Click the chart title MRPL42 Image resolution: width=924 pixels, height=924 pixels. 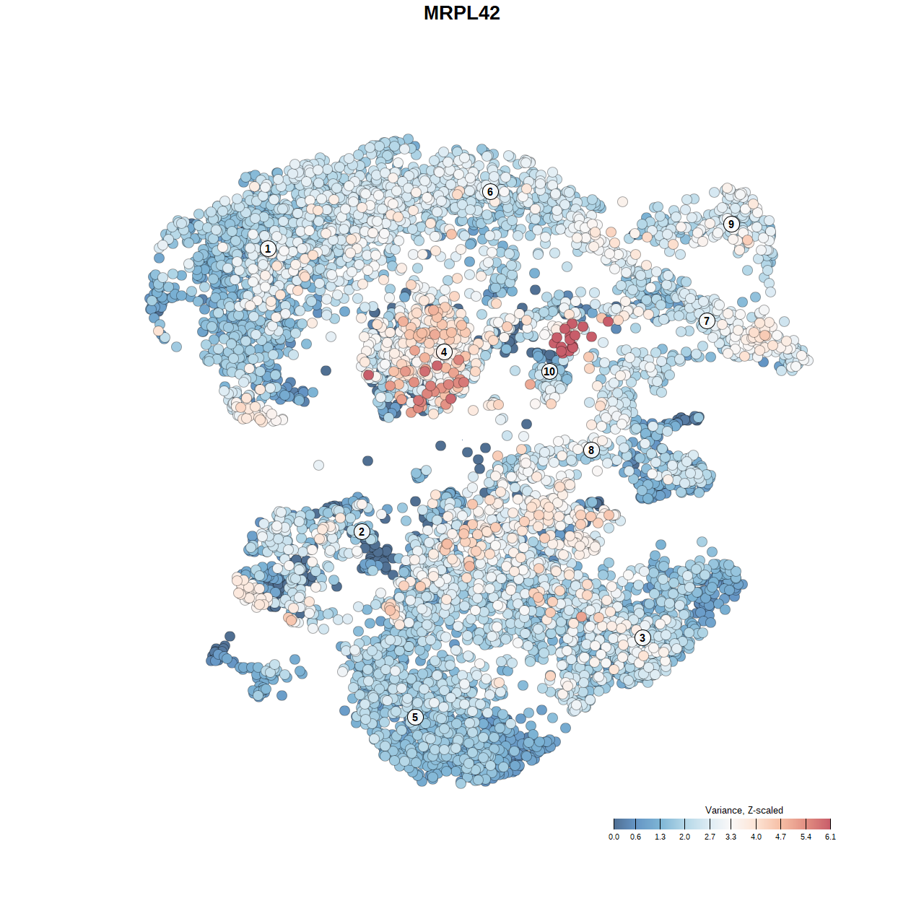(462, 13)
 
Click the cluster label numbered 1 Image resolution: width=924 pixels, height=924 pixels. (268, 249)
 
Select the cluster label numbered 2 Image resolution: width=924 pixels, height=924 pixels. (362, 532)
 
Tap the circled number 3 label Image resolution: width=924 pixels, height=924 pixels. (642, 637)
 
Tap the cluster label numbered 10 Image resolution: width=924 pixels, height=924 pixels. (549, 371)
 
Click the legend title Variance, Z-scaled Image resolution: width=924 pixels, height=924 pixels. (744, 810)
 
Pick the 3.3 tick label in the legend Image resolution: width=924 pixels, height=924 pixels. (731, 837)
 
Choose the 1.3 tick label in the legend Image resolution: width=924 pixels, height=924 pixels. (660, 837)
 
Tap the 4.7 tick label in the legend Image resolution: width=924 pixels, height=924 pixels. (780, 837)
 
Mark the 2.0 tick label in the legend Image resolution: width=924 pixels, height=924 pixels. (684, 837)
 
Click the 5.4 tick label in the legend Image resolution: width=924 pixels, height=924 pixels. (806, 837)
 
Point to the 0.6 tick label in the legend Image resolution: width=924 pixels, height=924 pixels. (635, 837)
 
